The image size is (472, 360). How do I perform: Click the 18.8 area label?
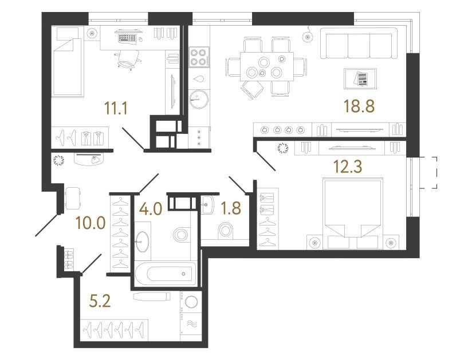pos(359,106)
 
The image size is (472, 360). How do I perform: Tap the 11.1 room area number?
pos(116,108)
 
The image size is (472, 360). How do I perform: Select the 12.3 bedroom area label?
pos(348,167)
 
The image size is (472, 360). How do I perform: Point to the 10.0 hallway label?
pos(91,223)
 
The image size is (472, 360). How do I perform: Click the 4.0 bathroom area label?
pos(151,208)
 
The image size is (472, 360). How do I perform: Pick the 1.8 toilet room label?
pos(231,208)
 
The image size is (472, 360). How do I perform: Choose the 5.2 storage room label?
pos(100,301)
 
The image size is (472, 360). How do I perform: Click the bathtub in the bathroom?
pos(166,274)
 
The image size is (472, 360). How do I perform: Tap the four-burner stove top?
pos(199,57)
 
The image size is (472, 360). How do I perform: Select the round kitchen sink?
pos(199,98)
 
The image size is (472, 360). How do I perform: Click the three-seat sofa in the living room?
pos(359,43)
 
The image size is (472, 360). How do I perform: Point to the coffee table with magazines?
pos(360,78)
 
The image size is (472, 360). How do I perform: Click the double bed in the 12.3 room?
pos(352,213)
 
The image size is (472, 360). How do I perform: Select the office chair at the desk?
pos(128,59)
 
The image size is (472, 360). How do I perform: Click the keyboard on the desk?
pos(127,38)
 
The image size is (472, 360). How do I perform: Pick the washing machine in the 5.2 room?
pos(191,302)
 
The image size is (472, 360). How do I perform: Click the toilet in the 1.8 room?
pos(226,231)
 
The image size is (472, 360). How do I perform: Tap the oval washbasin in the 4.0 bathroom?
pos(142,242)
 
